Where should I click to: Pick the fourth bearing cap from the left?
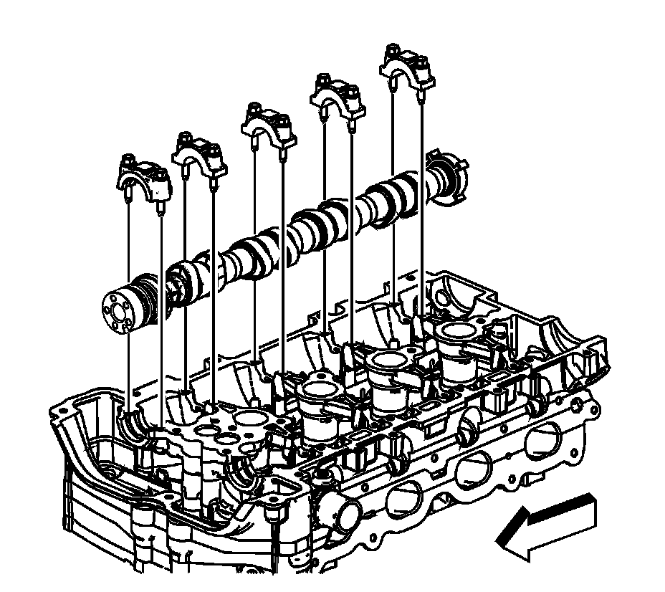tap(338, 97)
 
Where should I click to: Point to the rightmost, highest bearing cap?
tap(407, 66)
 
